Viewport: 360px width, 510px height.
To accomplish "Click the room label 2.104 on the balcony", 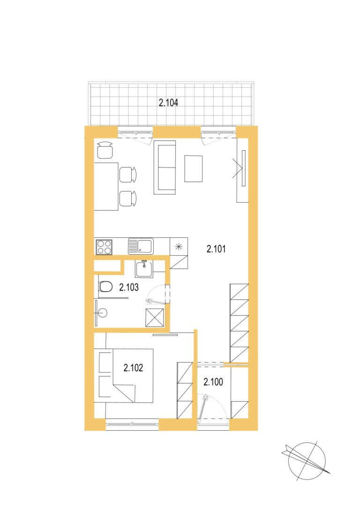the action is click(168, 103).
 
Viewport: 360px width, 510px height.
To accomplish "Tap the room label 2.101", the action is click(216, 249).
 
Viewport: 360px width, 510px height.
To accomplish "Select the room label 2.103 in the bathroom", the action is click(128, 287).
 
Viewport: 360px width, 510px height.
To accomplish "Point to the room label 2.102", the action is click(133, 368).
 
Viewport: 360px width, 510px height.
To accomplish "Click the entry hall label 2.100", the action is click(213, 381).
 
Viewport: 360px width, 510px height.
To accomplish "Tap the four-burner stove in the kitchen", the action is click(104, 247).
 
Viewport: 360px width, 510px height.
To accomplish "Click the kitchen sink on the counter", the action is click(141, 246).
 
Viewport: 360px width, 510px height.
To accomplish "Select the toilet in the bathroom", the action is click(105, 287).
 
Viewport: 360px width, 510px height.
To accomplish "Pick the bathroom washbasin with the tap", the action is click(144, 269).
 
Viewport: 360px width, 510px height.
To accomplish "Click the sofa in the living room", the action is click(165, 167).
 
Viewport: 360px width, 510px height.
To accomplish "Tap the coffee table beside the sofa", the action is click(193, 169).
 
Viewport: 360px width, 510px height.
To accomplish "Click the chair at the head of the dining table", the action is click(105, 150).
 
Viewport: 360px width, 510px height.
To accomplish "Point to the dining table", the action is click(106, 186).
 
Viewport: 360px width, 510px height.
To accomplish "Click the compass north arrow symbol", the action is click(307, 461).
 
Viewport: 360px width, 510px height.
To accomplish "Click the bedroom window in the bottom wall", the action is click(132, 424).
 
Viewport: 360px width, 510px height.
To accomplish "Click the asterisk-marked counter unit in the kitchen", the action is click(179, 247).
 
